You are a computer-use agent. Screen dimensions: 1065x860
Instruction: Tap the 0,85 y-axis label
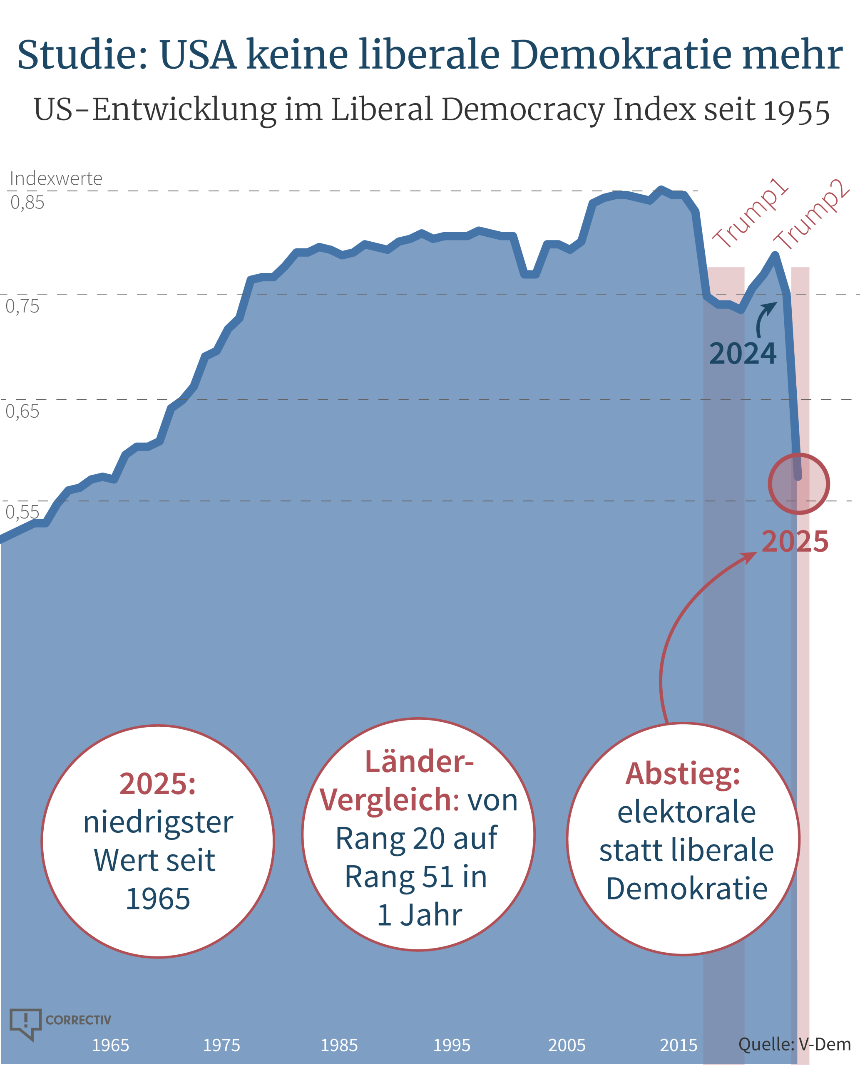point(27,203)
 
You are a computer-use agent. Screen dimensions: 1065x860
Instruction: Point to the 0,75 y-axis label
point(22,307)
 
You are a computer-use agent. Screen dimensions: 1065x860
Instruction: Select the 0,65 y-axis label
point(22,411)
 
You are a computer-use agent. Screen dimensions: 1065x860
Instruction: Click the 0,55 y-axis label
point(22,512)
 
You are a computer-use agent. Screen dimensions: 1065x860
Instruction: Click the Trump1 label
point(750,213)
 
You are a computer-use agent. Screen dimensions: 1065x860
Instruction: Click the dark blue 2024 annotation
point(743,354)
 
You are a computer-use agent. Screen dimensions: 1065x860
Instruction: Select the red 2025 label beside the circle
point(795,541)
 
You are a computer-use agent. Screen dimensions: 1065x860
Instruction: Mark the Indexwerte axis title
point(56,178)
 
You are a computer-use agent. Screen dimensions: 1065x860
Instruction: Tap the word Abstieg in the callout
point(682,773)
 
